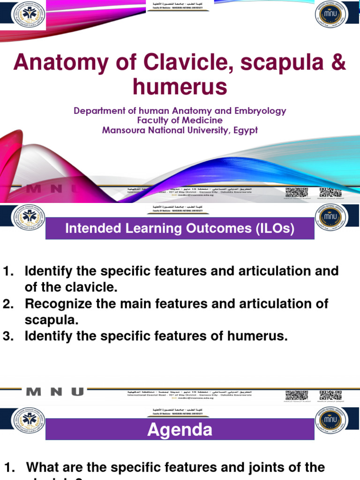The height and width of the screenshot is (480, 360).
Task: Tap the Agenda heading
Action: [x=180, y=429]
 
